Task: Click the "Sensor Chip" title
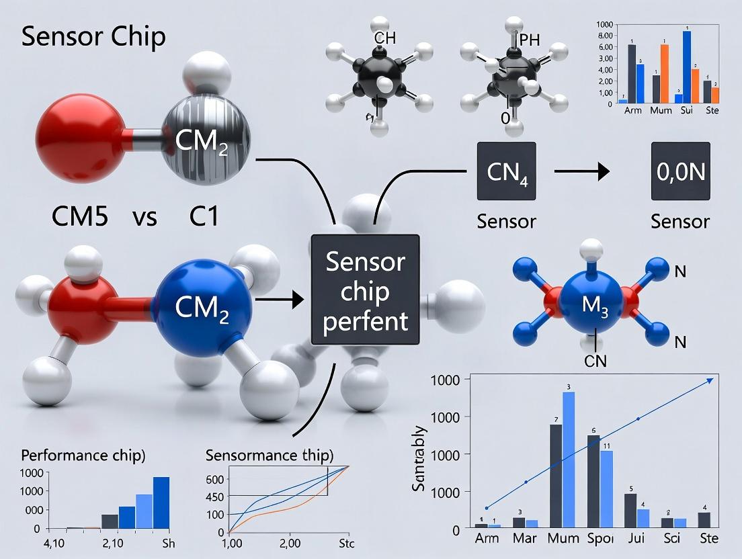93,36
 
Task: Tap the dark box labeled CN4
506,171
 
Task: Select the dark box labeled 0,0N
680,171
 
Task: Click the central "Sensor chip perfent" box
365,291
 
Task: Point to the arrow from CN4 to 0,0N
581,171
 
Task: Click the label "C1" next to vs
203,217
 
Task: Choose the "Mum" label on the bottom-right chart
563,539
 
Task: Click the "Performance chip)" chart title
83,455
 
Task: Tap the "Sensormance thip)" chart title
269,455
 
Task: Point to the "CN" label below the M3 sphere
595,361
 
